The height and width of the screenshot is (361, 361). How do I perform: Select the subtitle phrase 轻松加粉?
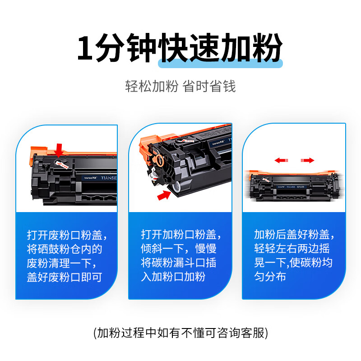click(152, 86)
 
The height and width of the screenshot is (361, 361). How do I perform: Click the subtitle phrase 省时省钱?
click(209, 86)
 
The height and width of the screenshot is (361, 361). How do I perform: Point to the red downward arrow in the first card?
click(59, 149)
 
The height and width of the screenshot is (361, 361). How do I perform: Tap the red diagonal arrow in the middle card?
click(164, 194)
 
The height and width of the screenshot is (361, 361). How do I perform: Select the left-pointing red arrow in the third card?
click(281, 160)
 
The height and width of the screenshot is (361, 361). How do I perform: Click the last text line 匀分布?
click(270, 277)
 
